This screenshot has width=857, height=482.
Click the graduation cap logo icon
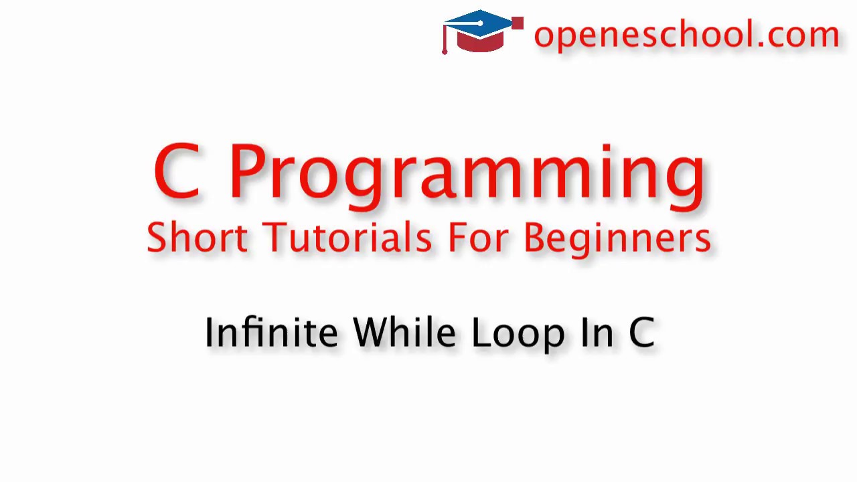[x=482, y=31]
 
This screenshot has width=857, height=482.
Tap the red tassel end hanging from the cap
[x=445, y=51]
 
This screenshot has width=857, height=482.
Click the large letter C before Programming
[x=176, y=172]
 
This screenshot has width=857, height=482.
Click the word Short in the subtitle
[x=197, y=238]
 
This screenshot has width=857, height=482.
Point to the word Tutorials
[x=347, y=238]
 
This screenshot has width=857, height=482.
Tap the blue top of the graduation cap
[x=481, y=21]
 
